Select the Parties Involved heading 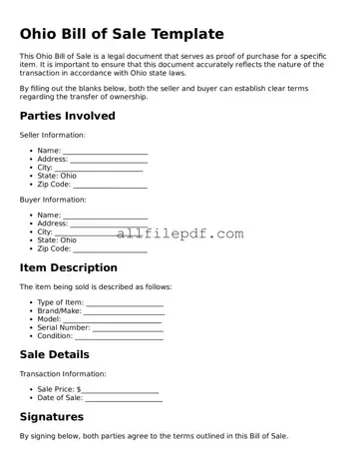(x=68, y=116)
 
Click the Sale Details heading (x=55, y=354)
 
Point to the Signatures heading (x=52, y=416)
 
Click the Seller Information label (x=53, y=135)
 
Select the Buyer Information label (x=53, y=199)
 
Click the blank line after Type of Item (x=125, y=303)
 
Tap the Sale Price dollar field (x=120, y=390)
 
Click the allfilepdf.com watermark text (x=180, y=233)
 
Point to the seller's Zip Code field (x=110, y=185)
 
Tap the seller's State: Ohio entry (x=57, y=176)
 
